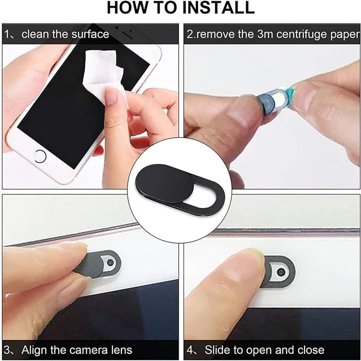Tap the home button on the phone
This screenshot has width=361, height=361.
(40, 156)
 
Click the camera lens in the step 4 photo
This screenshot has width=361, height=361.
(281, 272)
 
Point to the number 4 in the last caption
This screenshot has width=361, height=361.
(190, 350)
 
